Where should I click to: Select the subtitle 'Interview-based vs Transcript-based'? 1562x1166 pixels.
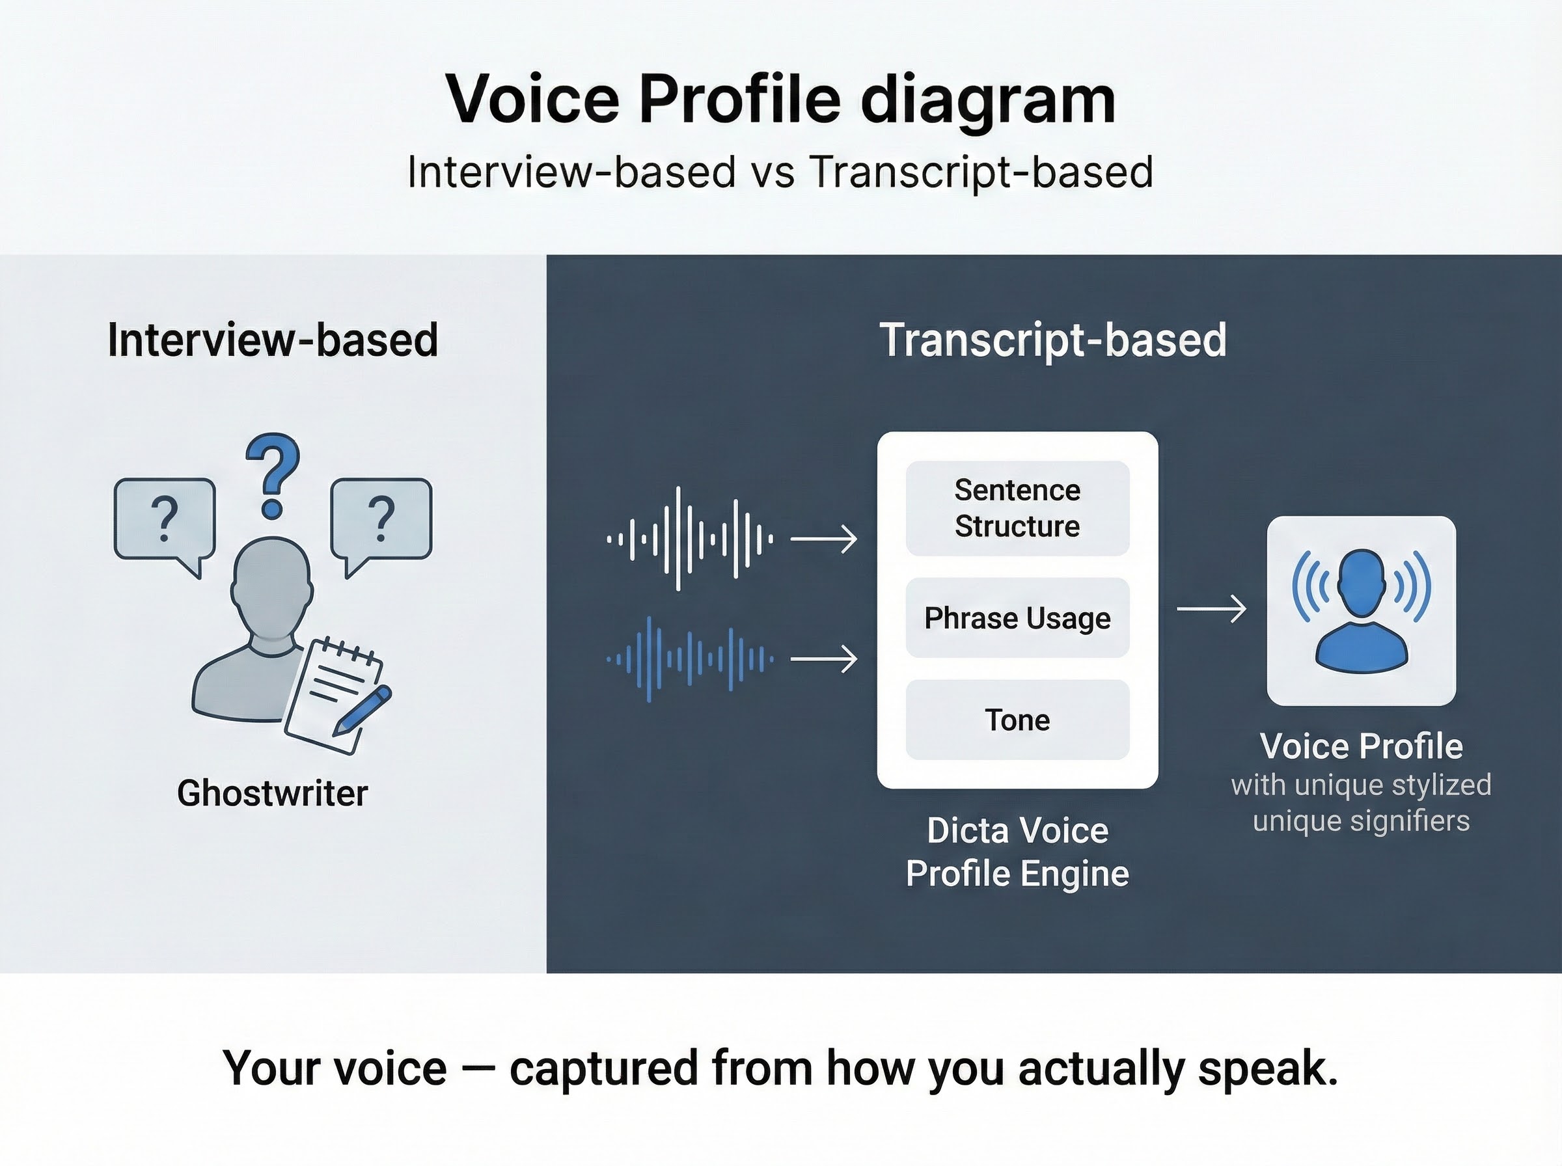coord(780,172)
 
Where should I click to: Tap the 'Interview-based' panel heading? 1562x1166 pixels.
coord(273,340)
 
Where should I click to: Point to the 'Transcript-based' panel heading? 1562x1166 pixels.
coord(1052,340)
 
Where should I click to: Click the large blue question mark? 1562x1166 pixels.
coord(273,474)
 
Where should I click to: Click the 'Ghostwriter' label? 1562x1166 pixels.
coord(273,793)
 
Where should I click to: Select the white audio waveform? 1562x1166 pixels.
coord(690,539)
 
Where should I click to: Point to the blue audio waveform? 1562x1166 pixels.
coord(690,659)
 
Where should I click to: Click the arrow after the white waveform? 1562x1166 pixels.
coord(824,539)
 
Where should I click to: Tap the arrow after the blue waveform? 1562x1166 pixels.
coord(824,659)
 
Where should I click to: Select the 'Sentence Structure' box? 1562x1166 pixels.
coord(1017,508)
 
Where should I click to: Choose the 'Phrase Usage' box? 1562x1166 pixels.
coord(1017,618)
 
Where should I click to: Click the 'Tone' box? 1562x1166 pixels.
coord(1017,720)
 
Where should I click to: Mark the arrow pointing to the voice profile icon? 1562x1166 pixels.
coord(1211,608)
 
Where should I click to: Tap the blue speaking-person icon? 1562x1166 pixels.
coord(1361,610)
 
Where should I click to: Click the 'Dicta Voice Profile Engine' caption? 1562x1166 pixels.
coord(1017,852)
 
